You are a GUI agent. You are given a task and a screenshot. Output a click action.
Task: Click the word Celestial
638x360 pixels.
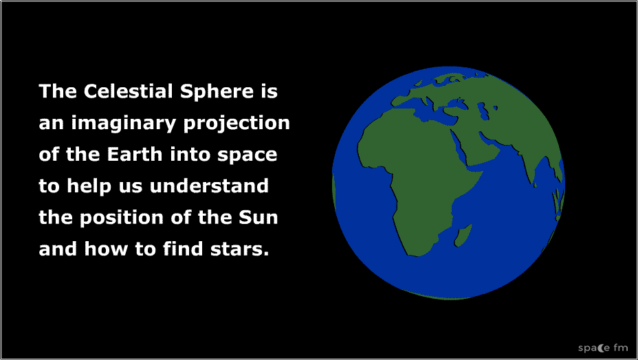pos(129,91)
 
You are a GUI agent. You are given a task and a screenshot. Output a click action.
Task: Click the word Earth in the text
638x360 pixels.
pos(135,155)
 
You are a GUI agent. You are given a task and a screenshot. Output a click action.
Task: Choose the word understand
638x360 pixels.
pos(209,186)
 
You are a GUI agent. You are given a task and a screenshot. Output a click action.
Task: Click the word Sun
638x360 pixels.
pos(258,218)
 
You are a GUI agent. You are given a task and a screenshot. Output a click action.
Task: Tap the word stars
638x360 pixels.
pos(239,249)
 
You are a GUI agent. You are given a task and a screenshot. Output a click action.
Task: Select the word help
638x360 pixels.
pos(89,187)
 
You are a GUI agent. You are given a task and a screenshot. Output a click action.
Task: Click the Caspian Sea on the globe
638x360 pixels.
pos(483,111)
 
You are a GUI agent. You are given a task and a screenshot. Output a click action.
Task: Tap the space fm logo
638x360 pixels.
pos(603,348)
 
